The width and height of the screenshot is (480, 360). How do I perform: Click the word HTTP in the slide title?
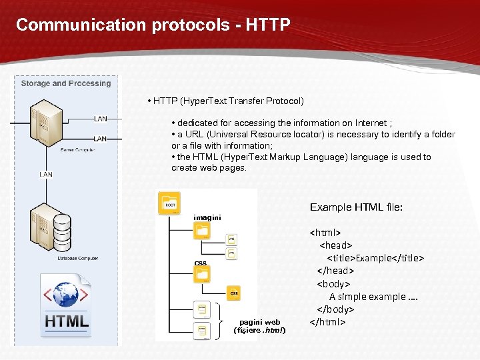click(x=268, y=25)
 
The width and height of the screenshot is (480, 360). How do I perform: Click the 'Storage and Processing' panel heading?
click(x=65, y=83)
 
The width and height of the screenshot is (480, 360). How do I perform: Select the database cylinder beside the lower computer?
click(x=62, y=230)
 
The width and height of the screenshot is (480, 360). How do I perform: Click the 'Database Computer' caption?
click(x=78, y=258)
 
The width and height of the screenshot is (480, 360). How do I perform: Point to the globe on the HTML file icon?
click(x=65, y=294)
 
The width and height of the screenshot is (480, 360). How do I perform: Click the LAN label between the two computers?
click(x=46, y=175)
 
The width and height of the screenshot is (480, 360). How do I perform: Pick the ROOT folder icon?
click(x=169, y=203)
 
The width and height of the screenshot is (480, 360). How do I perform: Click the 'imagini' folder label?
click(x=207, y=217)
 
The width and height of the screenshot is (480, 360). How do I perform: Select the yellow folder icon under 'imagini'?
click(x=201, y=231)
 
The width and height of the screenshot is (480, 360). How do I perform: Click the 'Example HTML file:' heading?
click(x=356, y=207)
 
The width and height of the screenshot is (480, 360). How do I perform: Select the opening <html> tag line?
click(x=325, y=233)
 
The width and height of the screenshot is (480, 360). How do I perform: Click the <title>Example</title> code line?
click(x=375, y=258)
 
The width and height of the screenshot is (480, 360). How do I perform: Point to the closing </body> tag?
click(x=335, y=309)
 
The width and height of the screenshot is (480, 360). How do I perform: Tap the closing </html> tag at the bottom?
click(x=327, y=322)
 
